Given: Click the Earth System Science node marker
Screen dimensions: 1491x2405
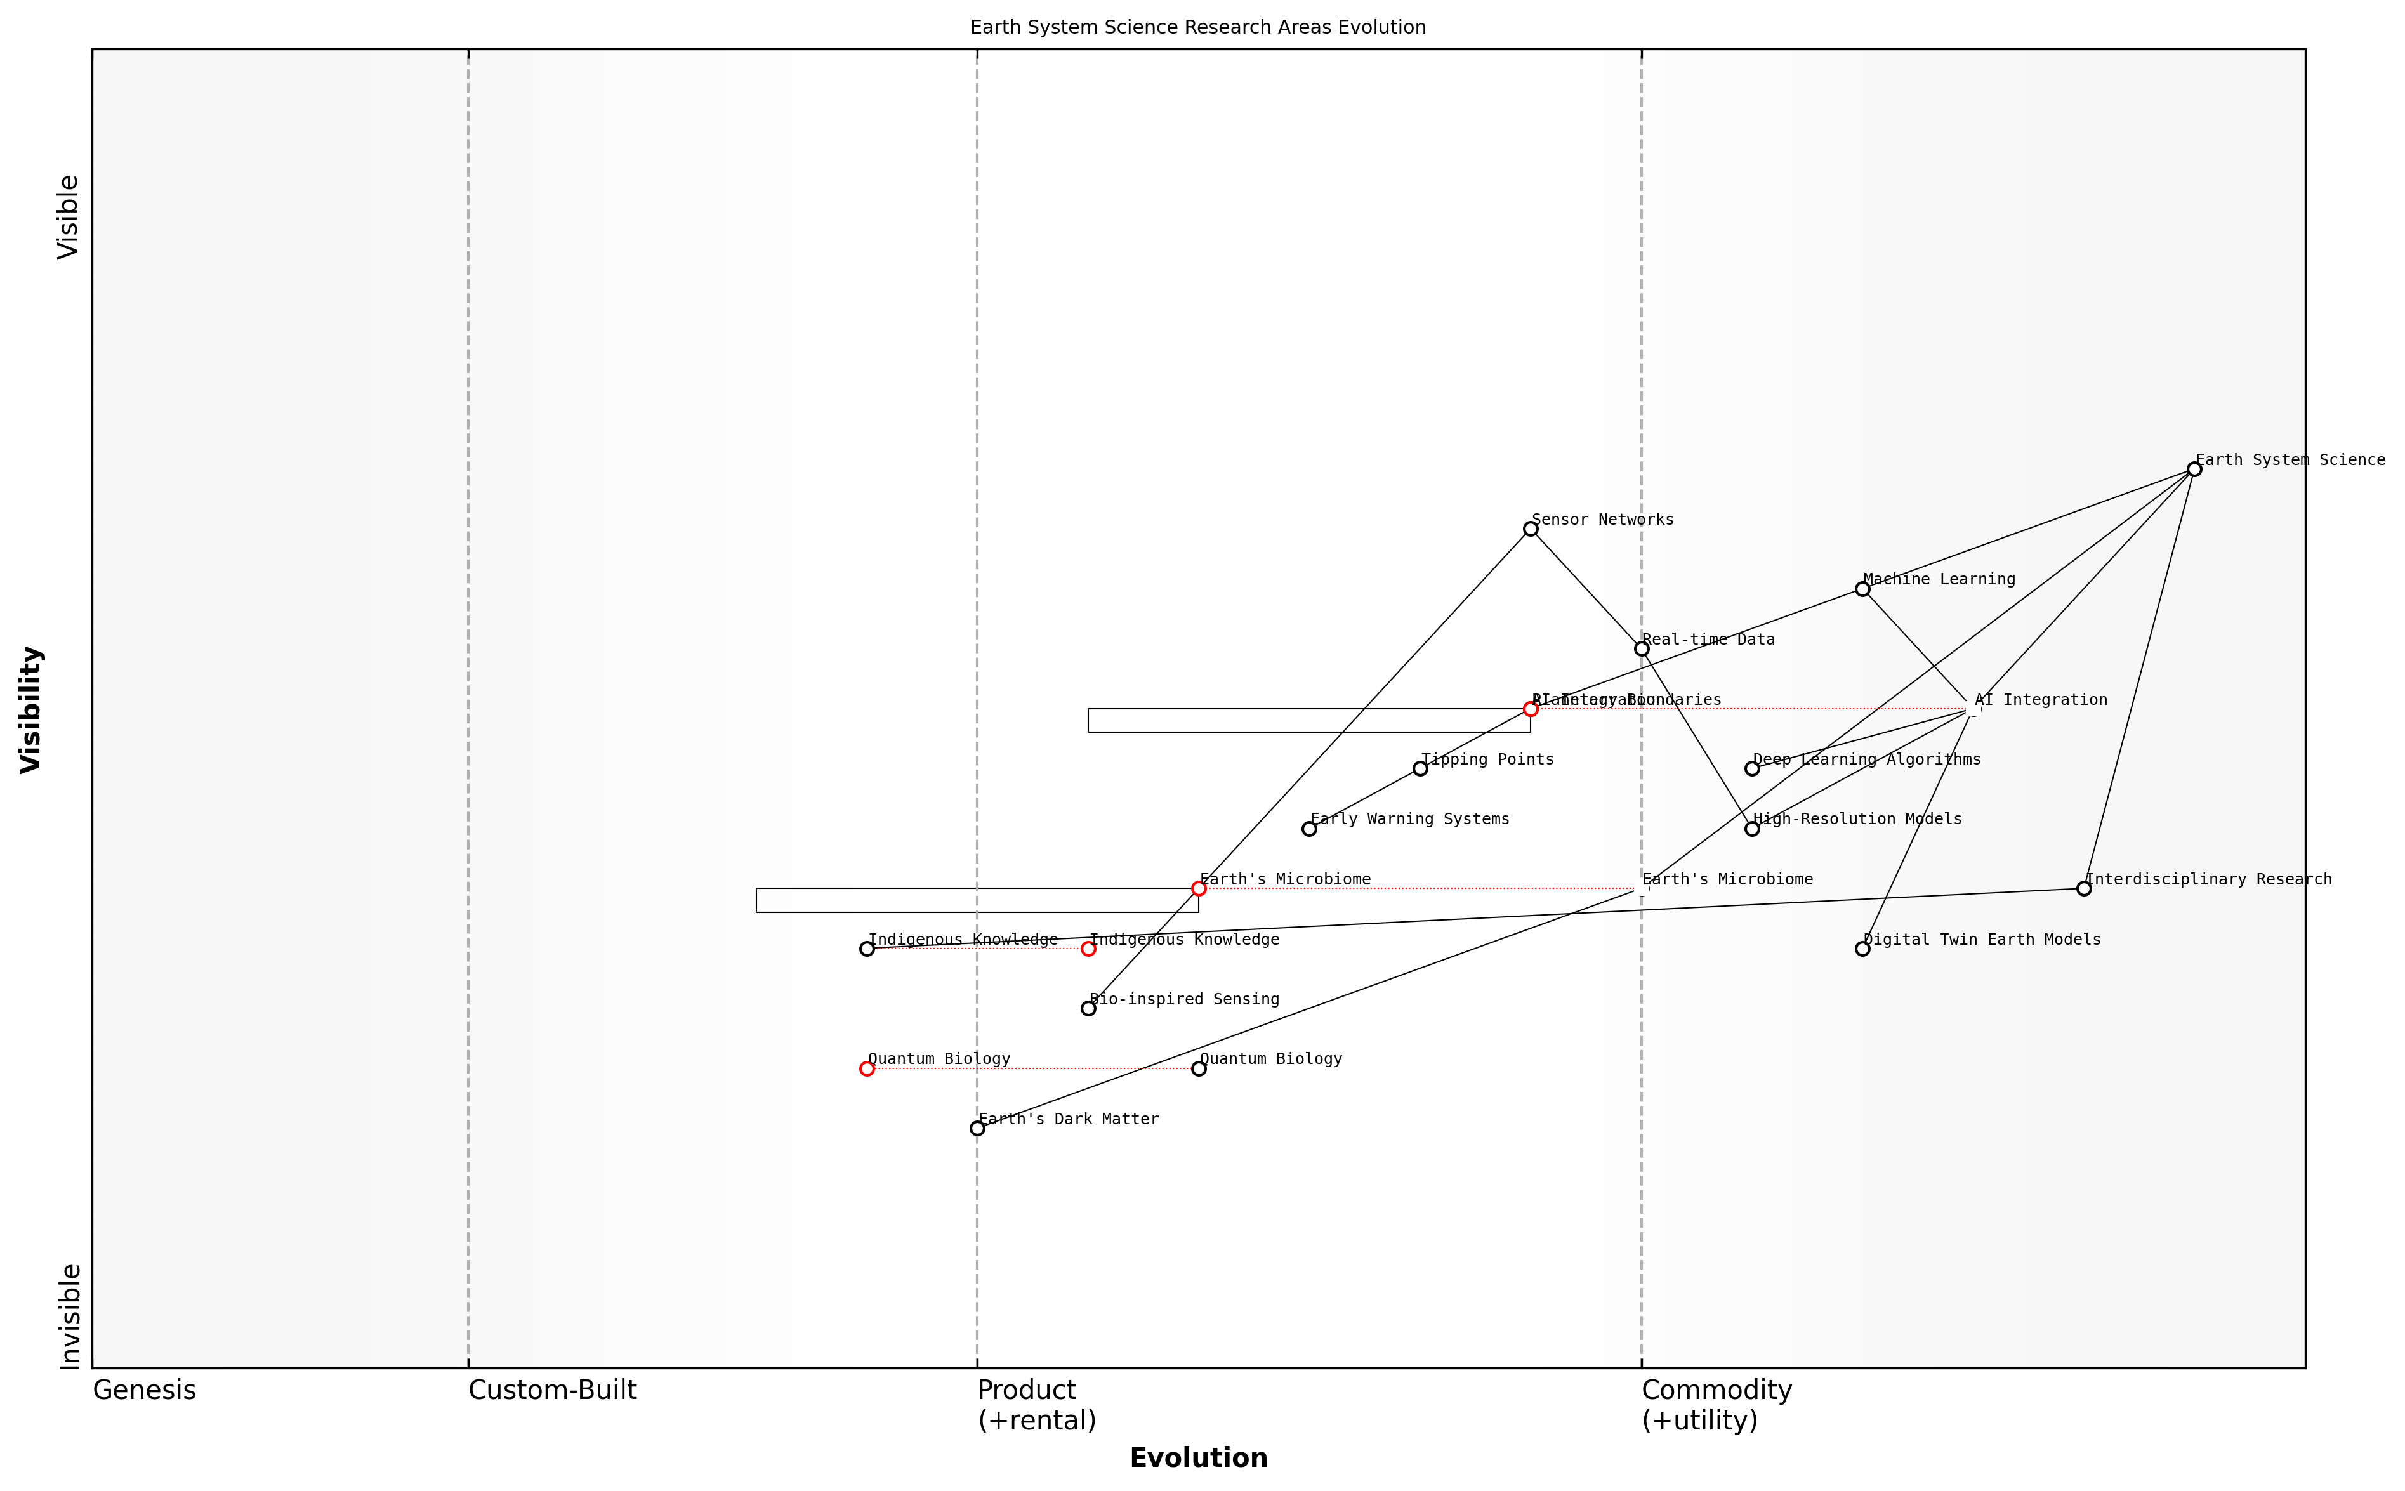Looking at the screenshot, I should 2193,470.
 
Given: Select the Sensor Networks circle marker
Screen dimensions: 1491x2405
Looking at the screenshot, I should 1531,530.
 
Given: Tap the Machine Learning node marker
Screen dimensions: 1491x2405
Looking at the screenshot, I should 1862,589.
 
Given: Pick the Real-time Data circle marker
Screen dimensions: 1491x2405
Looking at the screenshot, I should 1641,649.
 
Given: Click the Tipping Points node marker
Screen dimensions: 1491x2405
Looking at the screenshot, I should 1420,769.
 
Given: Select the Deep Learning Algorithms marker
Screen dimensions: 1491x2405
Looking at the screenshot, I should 1751,769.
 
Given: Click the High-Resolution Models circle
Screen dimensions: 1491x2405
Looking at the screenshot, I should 1751,829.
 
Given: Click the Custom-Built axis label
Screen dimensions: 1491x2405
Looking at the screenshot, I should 552,1390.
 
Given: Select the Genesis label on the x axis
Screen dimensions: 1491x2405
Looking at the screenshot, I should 144,1390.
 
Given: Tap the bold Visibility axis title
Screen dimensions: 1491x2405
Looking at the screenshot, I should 32,709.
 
